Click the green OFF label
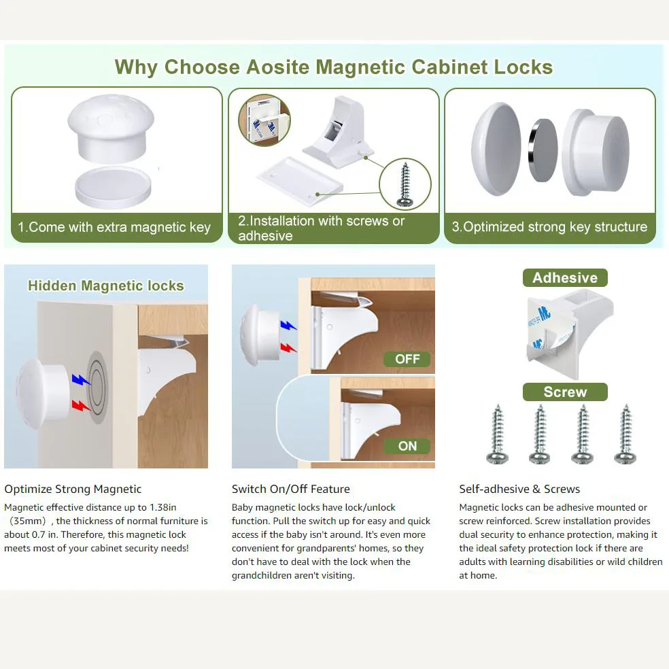(407, 359)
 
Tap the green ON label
(407, 446)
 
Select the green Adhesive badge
(565, 278)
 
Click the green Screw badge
(565, 392)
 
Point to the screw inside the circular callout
(405, 185)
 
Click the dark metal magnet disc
(543, 151)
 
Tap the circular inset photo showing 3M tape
(264, 120)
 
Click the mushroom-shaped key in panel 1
(111, 128)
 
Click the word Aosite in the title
(278, 67)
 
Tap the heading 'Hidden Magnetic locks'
(106, 286)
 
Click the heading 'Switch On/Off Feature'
(290, 489)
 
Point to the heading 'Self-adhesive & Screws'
(519, 489)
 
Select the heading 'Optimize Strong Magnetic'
(73, 489)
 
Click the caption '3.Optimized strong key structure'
(549, 226)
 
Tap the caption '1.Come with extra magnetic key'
(114, 227)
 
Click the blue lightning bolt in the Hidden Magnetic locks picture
(80, 379)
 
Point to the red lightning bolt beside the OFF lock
(289, 347)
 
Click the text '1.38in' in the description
(162, 507)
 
